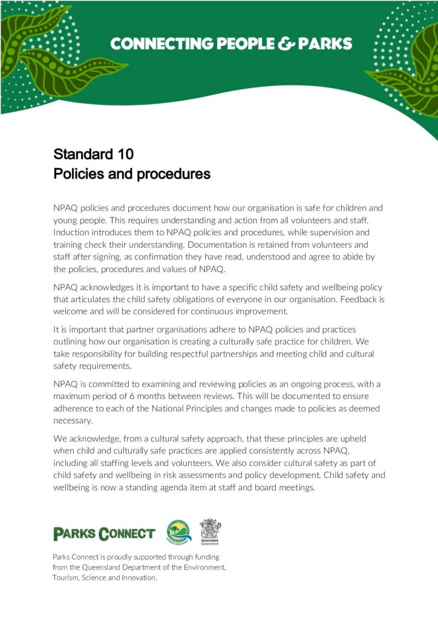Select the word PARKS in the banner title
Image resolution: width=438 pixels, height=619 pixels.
coord(321,44)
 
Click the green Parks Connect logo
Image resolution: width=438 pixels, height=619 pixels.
coord(104,534)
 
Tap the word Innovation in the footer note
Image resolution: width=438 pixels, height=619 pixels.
coord(137,577)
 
